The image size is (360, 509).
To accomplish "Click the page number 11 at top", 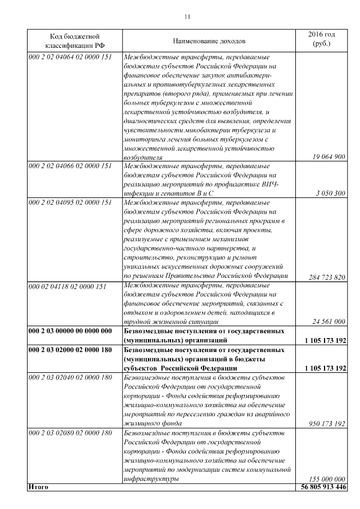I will coord(187,16).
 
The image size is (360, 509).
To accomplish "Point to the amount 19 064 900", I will coord(328,157).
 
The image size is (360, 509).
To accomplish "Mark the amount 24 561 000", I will coord(328,322).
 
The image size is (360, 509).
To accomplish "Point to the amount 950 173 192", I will coord(327,423).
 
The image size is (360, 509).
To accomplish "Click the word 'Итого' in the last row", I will coord(38,487).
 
